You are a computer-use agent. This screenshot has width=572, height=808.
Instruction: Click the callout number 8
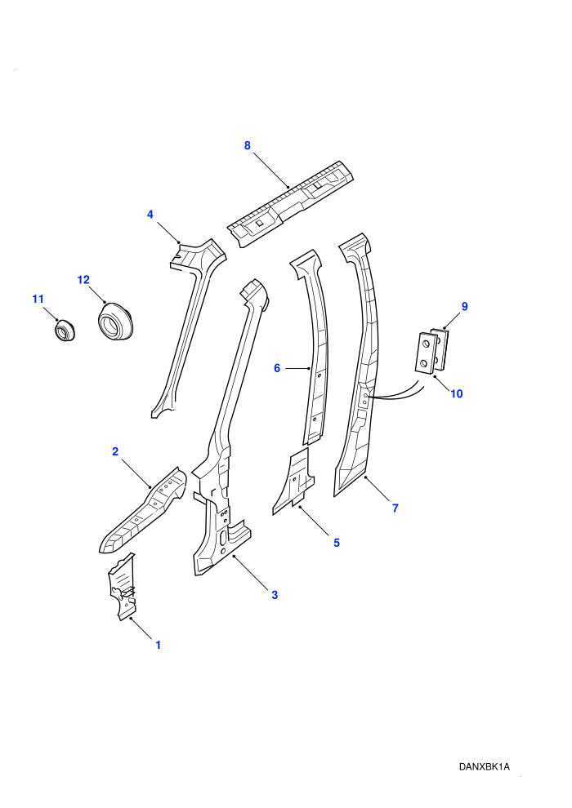point(247,146)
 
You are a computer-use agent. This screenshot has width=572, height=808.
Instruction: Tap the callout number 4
point(150,215)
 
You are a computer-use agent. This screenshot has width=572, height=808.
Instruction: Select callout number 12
point(83,280)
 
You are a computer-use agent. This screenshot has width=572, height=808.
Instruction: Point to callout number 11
point(38,299)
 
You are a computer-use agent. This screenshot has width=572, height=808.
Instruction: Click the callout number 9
point(464,307)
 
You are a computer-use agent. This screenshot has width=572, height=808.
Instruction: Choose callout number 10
point(457,393)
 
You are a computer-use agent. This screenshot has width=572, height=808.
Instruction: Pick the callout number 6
point(277,368)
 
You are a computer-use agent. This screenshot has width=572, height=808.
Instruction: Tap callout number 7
point(395,508)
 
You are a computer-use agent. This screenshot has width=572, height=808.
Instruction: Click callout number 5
point(337,543)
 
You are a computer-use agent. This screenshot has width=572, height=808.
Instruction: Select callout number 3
point(275,595)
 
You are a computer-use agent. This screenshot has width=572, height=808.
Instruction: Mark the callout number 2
point(115,451)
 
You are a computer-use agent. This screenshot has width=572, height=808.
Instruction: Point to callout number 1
point(159,645)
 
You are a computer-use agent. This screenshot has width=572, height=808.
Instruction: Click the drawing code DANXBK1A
point(484,766)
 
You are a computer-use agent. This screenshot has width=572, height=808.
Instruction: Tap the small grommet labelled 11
point(65,330)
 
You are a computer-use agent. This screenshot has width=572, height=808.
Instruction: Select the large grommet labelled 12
point(115,322)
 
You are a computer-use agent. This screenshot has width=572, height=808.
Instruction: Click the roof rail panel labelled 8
point(292,205)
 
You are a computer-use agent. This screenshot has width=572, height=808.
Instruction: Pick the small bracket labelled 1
point(123,587)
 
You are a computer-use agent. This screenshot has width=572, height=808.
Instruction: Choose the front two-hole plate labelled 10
point(424,353)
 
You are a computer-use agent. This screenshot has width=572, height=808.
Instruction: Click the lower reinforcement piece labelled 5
point(294,481)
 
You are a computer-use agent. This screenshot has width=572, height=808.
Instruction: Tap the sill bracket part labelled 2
point(143,510)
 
